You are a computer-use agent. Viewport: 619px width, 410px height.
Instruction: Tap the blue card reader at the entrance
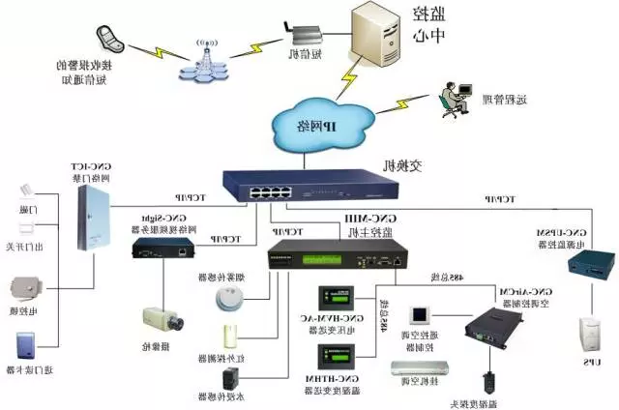point(25,349)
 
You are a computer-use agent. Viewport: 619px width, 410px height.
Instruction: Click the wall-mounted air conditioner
point(420,368)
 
